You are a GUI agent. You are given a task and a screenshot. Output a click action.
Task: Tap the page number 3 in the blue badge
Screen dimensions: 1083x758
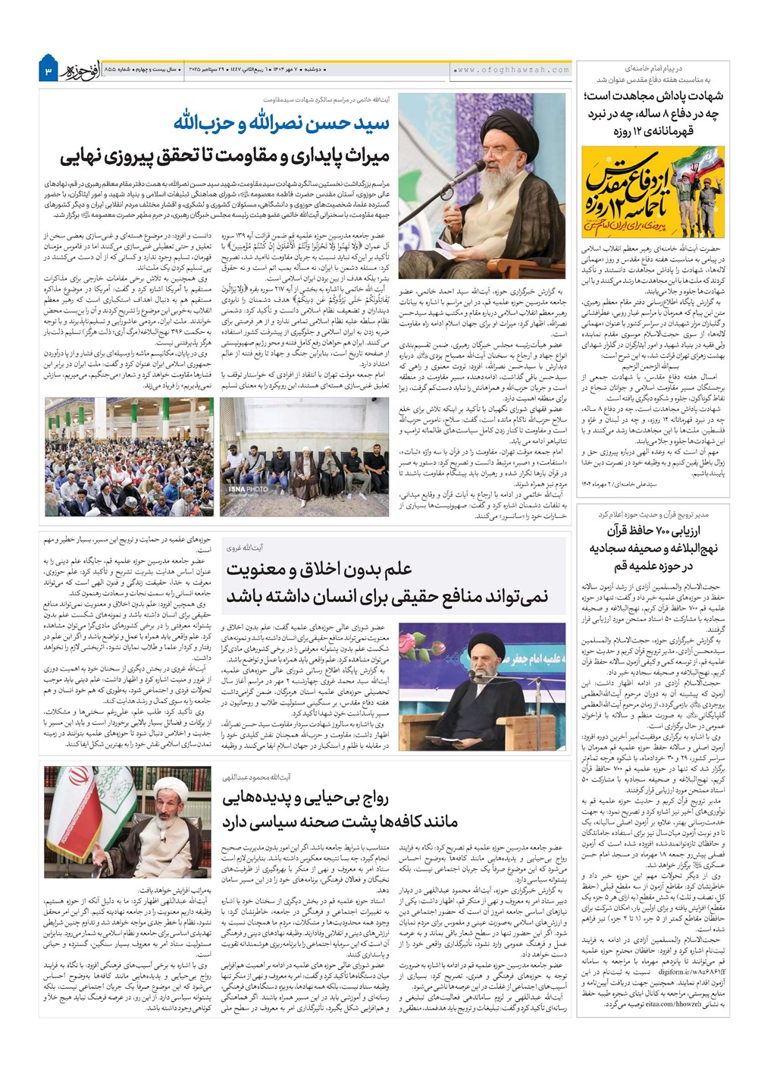coord(48,71)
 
